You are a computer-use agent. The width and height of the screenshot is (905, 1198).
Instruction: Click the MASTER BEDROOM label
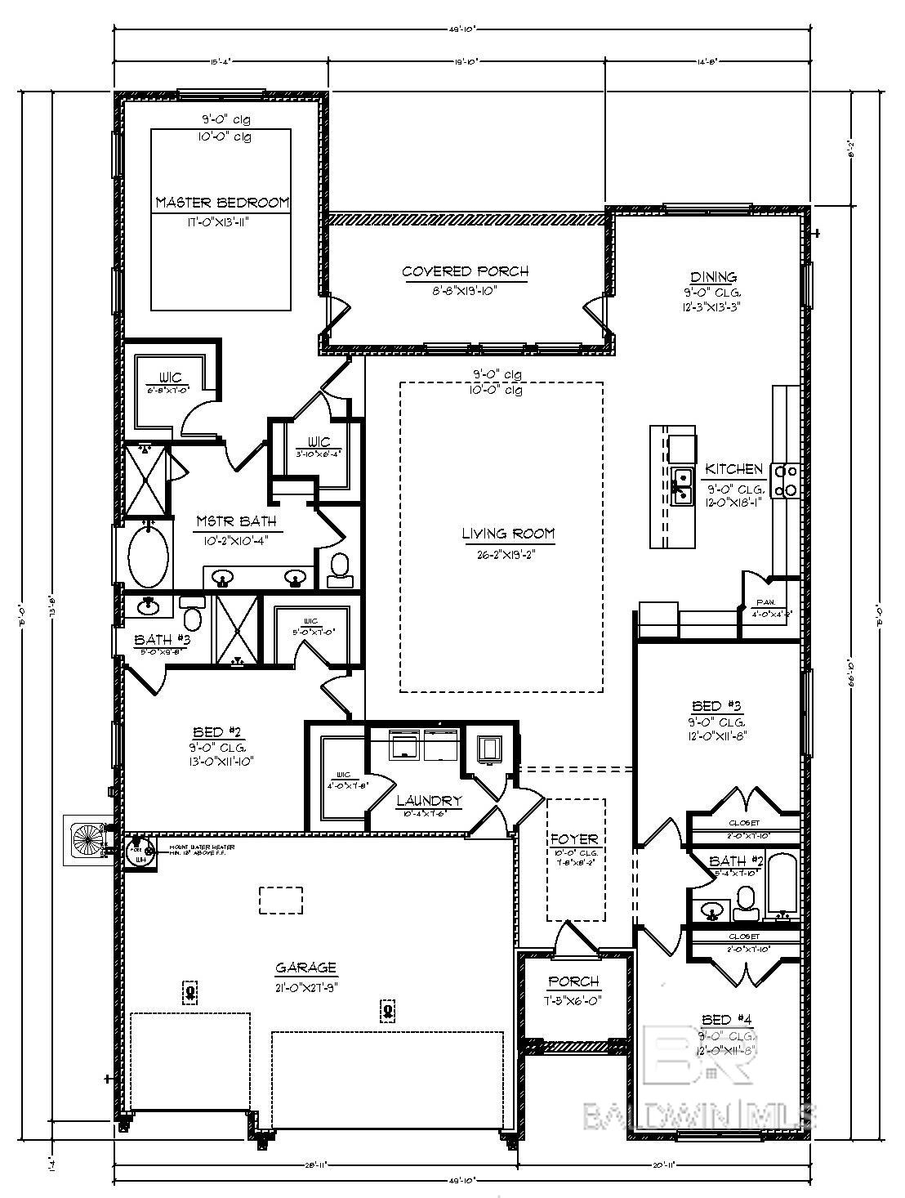pyautogui.click(x=222, y=202)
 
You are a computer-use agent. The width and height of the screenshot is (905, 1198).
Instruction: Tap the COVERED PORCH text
pyautogui.click(x=465, y=271)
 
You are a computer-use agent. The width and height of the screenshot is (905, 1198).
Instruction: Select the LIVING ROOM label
pyautogui.click(x=508, y=534)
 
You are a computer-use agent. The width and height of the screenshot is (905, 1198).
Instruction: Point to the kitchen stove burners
pyautogui.click(x=789, y=480)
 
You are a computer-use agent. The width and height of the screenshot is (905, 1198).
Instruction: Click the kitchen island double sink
pyautogui.click(x=682, y=485)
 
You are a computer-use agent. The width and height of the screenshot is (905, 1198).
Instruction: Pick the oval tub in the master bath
pyautogui.click(x=149, y=557)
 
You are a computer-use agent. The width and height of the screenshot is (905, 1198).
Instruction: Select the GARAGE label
pyautogui.click(x=306, y=968)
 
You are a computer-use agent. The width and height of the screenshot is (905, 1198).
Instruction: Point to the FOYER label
pyautogui.click(x=574, y=838)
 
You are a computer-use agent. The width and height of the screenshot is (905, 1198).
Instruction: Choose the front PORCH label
pyautogui.click(x=573, y=981)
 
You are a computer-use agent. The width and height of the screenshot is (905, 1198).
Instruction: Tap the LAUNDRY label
pyautogui.click(x=430, y=801)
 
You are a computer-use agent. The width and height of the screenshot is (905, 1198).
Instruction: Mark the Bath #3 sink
pyautogui.click(x=148, y=606)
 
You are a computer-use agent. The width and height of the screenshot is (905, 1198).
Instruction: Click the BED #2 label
pyautogui.click(x=216, y=731)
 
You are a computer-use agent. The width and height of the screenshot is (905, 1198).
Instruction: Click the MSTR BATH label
pyautogui.click(x=236, y=521)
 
